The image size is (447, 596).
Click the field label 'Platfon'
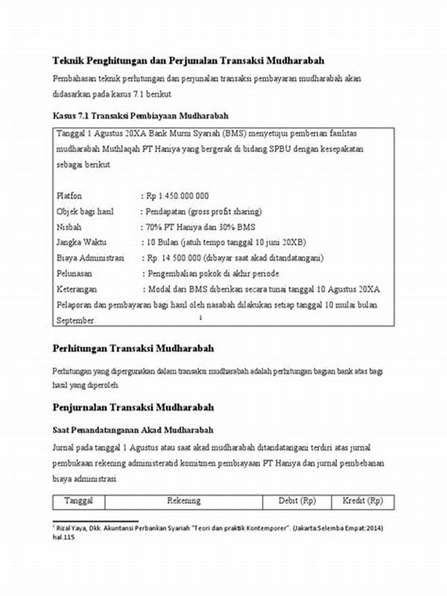tap(69, 196)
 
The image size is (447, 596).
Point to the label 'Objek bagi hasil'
tap(84, 212)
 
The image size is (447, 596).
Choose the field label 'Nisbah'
tap(68, 226)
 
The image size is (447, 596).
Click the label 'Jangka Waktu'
tap(80, 242)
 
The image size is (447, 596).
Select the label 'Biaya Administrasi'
tap(89, 258)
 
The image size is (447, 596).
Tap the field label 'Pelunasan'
tap(74, 273)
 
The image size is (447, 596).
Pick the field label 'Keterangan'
tap(77, 289)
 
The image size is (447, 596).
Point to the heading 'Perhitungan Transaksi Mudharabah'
tap(133, 348)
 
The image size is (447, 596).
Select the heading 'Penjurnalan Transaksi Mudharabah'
tap(133, 408)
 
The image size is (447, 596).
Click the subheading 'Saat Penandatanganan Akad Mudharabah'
tap(133, 431)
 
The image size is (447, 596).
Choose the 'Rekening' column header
tap(183, 501)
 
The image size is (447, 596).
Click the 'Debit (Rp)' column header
tap(297, 501)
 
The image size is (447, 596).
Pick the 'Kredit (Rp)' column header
tap(362, 501)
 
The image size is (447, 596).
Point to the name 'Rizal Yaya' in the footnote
tap(71, 527)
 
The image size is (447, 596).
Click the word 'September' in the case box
tap(75, 320)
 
